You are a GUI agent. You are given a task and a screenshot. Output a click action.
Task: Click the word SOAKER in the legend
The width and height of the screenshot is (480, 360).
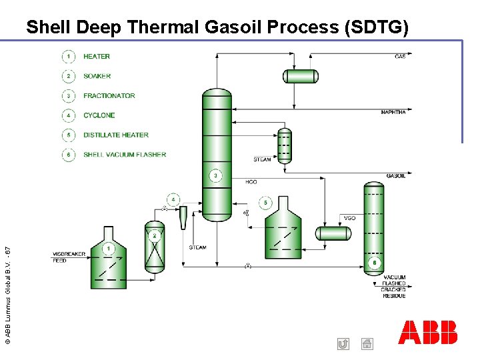[x=97, y=76]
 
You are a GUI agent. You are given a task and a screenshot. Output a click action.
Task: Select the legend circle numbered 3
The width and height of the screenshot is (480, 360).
[x=69, y=95]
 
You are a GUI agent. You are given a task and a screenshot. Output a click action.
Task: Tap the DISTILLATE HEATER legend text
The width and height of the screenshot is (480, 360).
[x=116, y=135]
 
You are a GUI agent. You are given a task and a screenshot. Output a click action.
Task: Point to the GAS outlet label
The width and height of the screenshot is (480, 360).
[x=400, y=57]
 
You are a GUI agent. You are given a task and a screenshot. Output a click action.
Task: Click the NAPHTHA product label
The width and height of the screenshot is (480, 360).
[x=393, y=112]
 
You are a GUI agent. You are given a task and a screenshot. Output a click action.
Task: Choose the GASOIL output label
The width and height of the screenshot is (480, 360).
[x=395, y=176]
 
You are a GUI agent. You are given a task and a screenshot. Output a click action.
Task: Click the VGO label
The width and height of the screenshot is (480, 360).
[x=350, y=217]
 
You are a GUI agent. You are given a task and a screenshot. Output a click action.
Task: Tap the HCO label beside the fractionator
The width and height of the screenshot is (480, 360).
[x=251, y=181]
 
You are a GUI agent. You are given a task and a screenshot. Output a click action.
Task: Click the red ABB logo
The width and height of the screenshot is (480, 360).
[x=428, y=332]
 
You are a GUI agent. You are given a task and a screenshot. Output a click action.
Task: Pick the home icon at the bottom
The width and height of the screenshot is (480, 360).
[x=367, y=344]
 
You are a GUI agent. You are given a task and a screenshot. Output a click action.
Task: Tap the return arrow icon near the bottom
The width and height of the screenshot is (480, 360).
[x=343, y=344]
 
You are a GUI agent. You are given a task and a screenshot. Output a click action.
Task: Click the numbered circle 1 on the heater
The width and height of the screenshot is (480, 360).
[x=108, y=249]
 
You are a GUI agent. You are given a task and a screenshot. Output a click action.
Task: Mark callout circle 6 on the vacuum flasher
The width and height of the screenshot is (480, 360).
[x=375, y=264]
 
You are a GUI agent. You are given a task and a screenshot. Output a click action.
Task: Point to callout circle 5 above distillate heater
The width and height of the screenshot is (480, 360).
[x=266, y=202]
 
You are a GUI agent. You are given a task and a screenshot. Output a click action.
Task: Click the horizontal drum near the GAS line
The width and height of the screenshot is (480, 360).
[x=301, y=76]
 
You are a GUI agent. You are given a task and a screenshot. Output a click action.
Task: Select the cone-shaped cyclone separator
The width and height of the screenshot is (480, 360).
[x=183, y=217]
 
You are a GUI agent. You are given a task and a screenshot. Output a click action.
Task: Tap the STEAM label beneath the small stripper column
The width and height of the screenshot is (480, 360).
[x=262, y=159]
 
